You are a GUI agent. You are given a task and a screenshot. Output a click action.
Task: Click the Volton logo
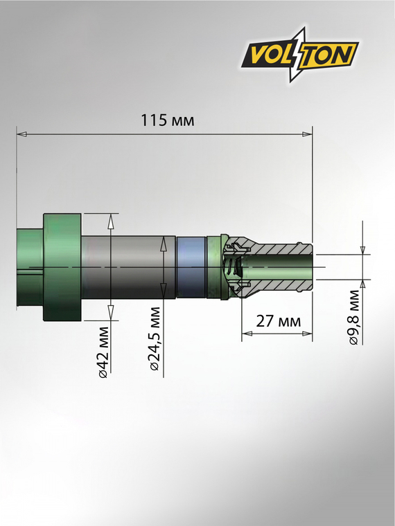click(300, 55)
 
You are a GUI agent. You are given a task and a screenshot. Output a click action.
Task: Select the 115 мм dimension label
click(167, 120)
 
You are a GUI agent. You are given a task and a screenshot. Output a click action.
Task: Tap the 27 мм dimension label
click(278, 321)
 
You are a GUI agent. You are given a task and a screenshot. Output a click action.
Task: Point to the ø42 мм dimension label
click(104, 352)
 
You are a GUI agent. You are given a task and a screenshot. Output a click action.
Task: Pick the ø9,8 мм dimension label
click(353, 318)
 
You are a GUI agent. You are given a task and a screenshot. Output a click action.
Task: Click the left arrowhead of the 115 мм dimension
click(22, 134)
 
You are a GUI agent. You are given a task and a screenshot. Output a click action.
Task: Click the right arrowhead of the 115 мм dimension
click(307, 134)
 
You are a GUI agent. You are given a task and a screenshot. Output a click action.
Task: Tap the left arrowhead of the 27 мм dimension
click(247, 334)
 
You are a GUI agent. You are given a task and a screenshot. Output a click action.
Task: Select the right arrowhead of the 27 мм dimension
click(307, 334)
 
